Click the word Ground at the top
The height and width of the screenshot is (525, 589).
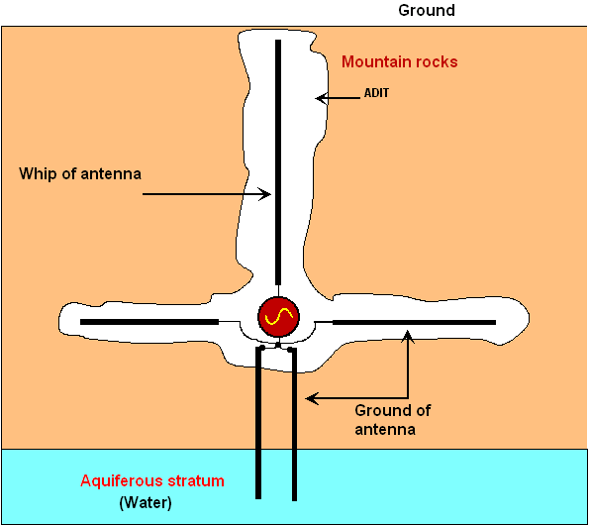(x=427, y=10)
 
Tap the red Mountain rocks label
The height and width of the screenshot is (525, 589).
(x=399, y=61)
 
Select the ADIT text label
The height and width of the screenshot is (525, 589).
(x=376, y=93)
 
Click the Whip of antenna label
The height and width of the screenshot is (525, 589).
(x=80, y=173)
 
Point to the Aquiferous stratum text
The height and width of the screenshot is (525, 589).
(x=152, y=481)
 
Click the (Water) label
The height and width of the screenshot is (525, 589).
(x=146, y=502)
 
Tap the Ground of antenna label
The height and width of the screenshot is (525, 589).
(x=393, y=420)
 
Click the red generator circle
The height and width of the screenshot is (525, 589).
(x=278, y=316)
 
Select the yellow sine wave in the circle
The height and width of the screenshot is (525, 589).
(x=278, y=316)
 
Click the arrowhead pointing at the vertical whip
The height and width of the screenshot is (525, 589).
(x=265, y=194)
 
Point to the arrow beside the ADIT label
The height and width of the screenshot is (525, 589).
(x=338, y=98)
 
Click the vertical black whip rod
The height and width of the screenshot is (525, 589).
(x=278, y=162)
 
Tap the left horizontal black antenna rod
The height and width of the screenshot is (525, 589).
(x=149, y=322)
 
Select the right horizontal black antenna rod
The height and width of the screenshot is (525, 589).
(x=414, y=323)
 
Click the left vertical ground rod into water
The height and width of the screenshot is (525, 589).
(x=258, y=424)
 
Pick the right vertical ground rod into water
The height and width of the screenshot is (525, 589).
(x=294, y=425)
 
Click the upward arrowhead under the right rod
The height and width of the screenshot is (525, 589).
(x=408, y=336)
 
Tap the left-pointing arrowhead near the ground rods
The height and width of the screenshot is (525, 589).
(x=312, y=398)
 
